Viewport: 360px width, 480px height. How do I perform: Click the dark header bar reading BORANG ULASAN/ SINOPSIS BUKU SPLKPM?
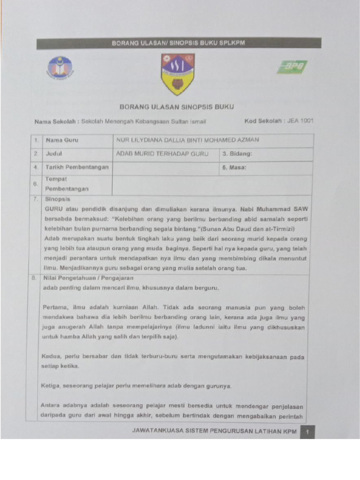pos(179,43)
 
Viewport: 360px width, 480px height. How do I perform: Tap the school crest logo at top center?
pos(178,74)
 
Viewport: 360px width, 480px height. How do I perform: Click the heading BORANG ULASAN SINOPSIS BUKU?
pos(177,107)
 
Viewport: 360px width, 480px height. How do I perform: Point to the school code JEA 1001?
pos(300,121)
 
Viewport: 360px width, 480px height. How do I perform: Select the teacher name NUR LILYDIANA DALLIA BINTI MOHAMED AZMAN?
pos(187,140)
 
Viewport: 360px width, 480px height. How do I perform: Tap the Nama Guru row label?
pos(62,140)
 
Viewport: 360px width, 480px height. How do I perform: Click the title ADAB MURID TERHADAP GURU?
pos(162,154)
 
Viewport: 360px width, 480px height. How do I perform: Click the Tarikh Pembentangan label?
pos(77,167)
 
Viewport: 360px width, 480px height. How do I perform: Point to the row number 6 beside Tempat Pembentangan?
pos(36,185)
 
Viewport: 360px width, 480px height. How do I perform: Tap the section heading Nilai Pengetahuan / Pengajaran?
pos(82,278)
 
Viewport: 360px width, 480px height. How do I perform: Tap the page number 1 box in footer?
pos(307,432)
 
